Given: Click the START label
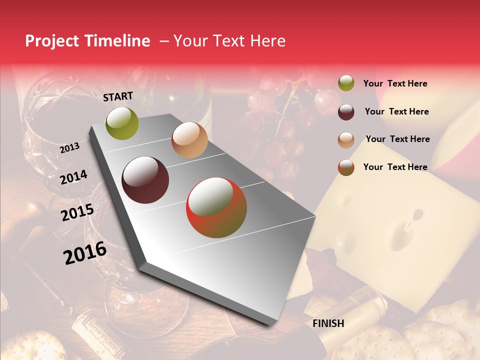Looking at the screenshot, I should (x=118, y=96).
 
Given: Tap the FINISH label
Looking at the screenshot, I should (x=328, y=323).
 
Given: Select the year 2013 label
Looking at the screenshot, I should (x=69, y=148).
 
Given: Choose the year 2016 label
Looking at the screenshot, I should (x=85, y=252).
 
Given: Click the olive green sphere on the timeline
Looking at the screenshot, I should (x=122, y=123).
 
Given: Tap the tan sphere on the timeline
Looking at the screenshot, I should (x=189, y=140).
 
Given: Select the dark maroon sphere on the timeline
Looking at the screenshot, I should (x=145, y=180).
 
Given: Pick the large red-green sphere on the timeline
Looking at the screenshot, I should (x=216, y=207).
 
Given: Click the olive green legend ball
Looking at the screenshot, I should (x=346, y=83).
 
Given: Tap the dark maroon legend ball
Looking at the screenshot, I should (x=346, y=112).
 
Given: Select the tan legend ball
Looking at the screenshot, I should (x=346, y=140).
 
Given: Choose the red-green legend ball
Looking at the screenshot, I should (x=346, y=167).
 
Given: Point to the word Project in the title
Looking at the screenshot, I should (x=51, y=41).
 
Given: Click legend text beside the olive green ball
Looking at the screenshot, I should (x=395, y=83).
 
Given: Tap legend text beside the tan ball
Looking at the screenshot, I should (x=397, y=139).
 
